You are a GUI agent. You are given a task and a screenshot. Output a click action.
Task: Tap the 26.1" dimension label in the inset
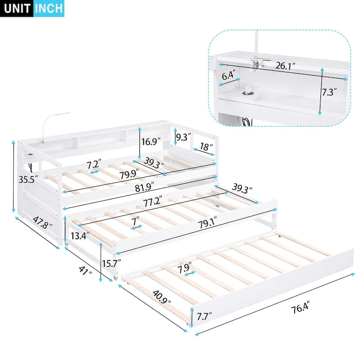coord(286,66)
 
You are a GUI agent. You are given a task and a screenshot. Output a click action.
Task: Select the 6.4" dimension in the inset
coord(228,76)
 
